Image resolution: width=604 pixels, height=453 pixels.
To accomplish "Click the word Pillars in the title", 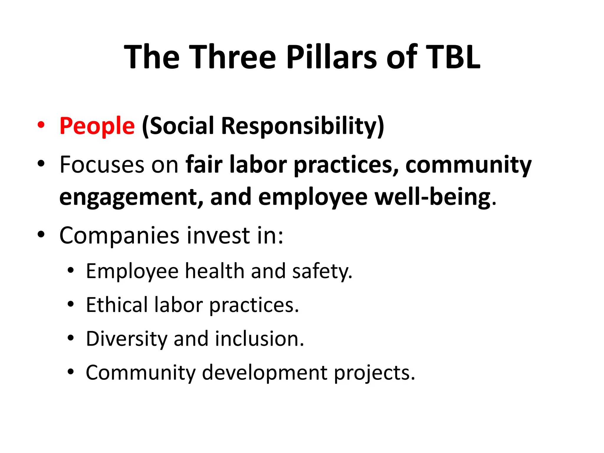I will (331, 57).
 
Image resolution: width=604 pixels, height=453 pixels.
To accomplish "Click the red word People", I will (97, 126).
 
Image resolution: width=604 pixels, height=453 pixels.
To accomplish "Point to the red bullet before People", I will (41, 125).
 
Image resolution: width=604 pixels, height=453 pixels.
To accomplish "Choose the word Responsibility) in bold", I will (303, 126).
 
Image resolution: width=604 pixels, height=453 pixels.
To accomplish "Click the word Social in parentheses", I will (178, 126).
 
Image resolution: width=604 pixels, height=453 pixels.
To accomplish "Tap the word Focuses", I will (102, 165).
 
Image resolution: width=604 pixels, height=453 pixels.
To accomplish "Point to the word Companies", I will (119, 236).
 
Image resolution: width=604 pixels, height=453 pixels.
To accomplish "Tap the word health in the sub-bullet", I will (214, 271).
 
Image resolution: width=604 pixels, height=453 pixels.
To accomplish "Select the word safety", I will (322, 271).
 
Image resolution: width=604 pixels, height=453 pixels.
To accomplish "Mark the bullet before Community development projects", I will (70, 372).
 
